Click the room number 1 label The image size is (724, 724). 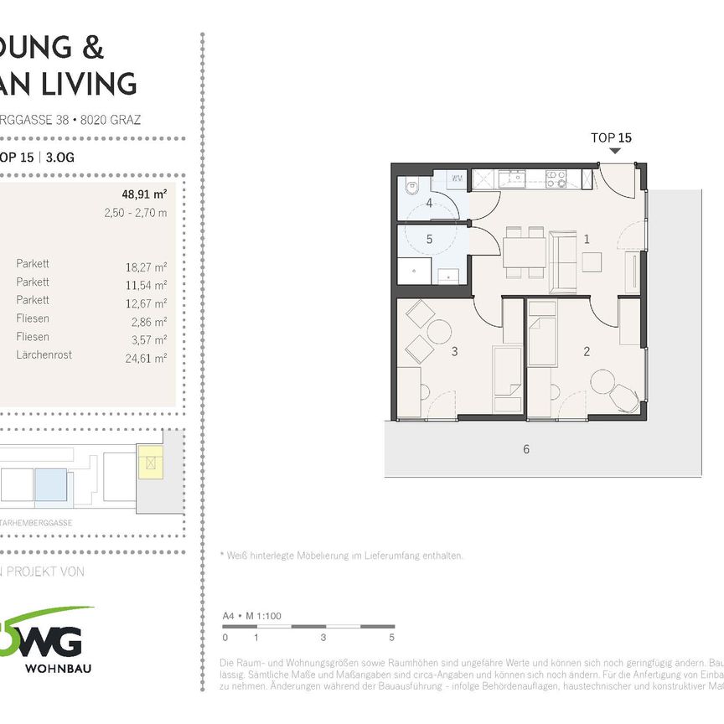point(587,240)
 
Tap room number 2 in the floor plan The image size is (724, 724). point(587,352)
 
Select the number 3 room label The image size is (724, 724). point(454,352)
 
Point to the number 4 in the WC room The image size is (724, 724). point(429,204)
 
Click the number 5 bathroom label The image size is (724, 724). point(429,239)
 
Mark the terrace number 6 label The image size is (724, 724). point(526,449)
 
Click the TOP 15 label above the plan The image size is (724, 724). point(611,137)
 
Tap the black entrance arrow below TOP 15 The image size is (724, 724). point(616,152)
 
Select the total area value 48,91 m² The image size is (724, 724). point(144,194)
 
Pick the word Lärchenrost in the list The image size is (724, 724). point(44,354)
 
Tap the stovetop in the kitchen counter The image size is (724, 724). point(556,178)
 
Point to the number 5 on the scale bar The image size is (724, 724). point(391,637)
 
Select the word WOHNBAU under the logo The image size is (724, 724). point(59,669)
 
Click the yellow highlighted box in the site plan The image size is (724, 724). point(150,462)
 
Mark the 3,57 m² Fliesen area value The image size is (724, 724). point(147,339)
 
